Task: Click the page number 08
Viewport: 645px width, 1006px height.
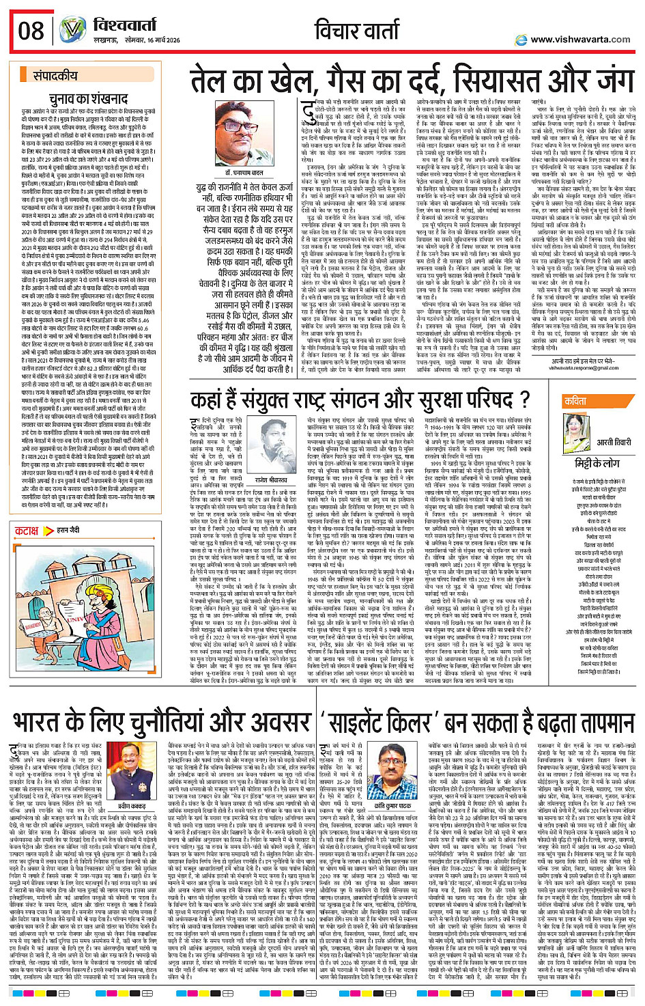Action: coord(31,31)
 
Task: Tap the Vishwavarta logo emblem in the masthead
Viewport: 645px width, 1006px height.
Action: coord(72,30)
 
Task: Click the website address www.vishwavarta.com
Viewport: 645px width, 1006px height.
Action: coord(581,40)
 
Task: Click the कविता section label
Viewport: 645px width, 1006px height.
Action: coord(575,401)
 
